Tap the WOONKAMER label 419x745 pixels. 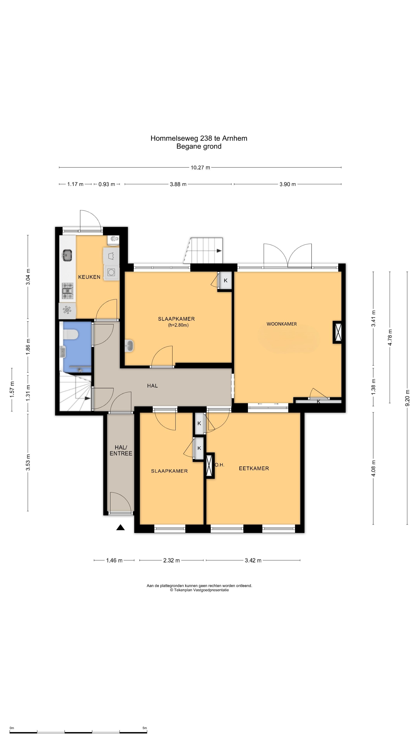point(282,324)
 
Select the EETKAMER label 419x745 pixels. point(254,468)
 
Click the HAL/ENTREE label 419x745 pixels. point(121,450)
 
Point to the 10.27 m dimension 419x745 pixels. point(200,167)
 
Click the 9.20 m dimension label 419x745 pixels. point(407,398)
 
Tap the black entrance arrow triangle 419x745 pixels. point(121,528)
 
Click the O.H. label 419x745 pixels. point(219,465)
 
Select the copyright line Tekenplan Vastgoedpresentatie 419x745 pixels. point(199,590)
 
